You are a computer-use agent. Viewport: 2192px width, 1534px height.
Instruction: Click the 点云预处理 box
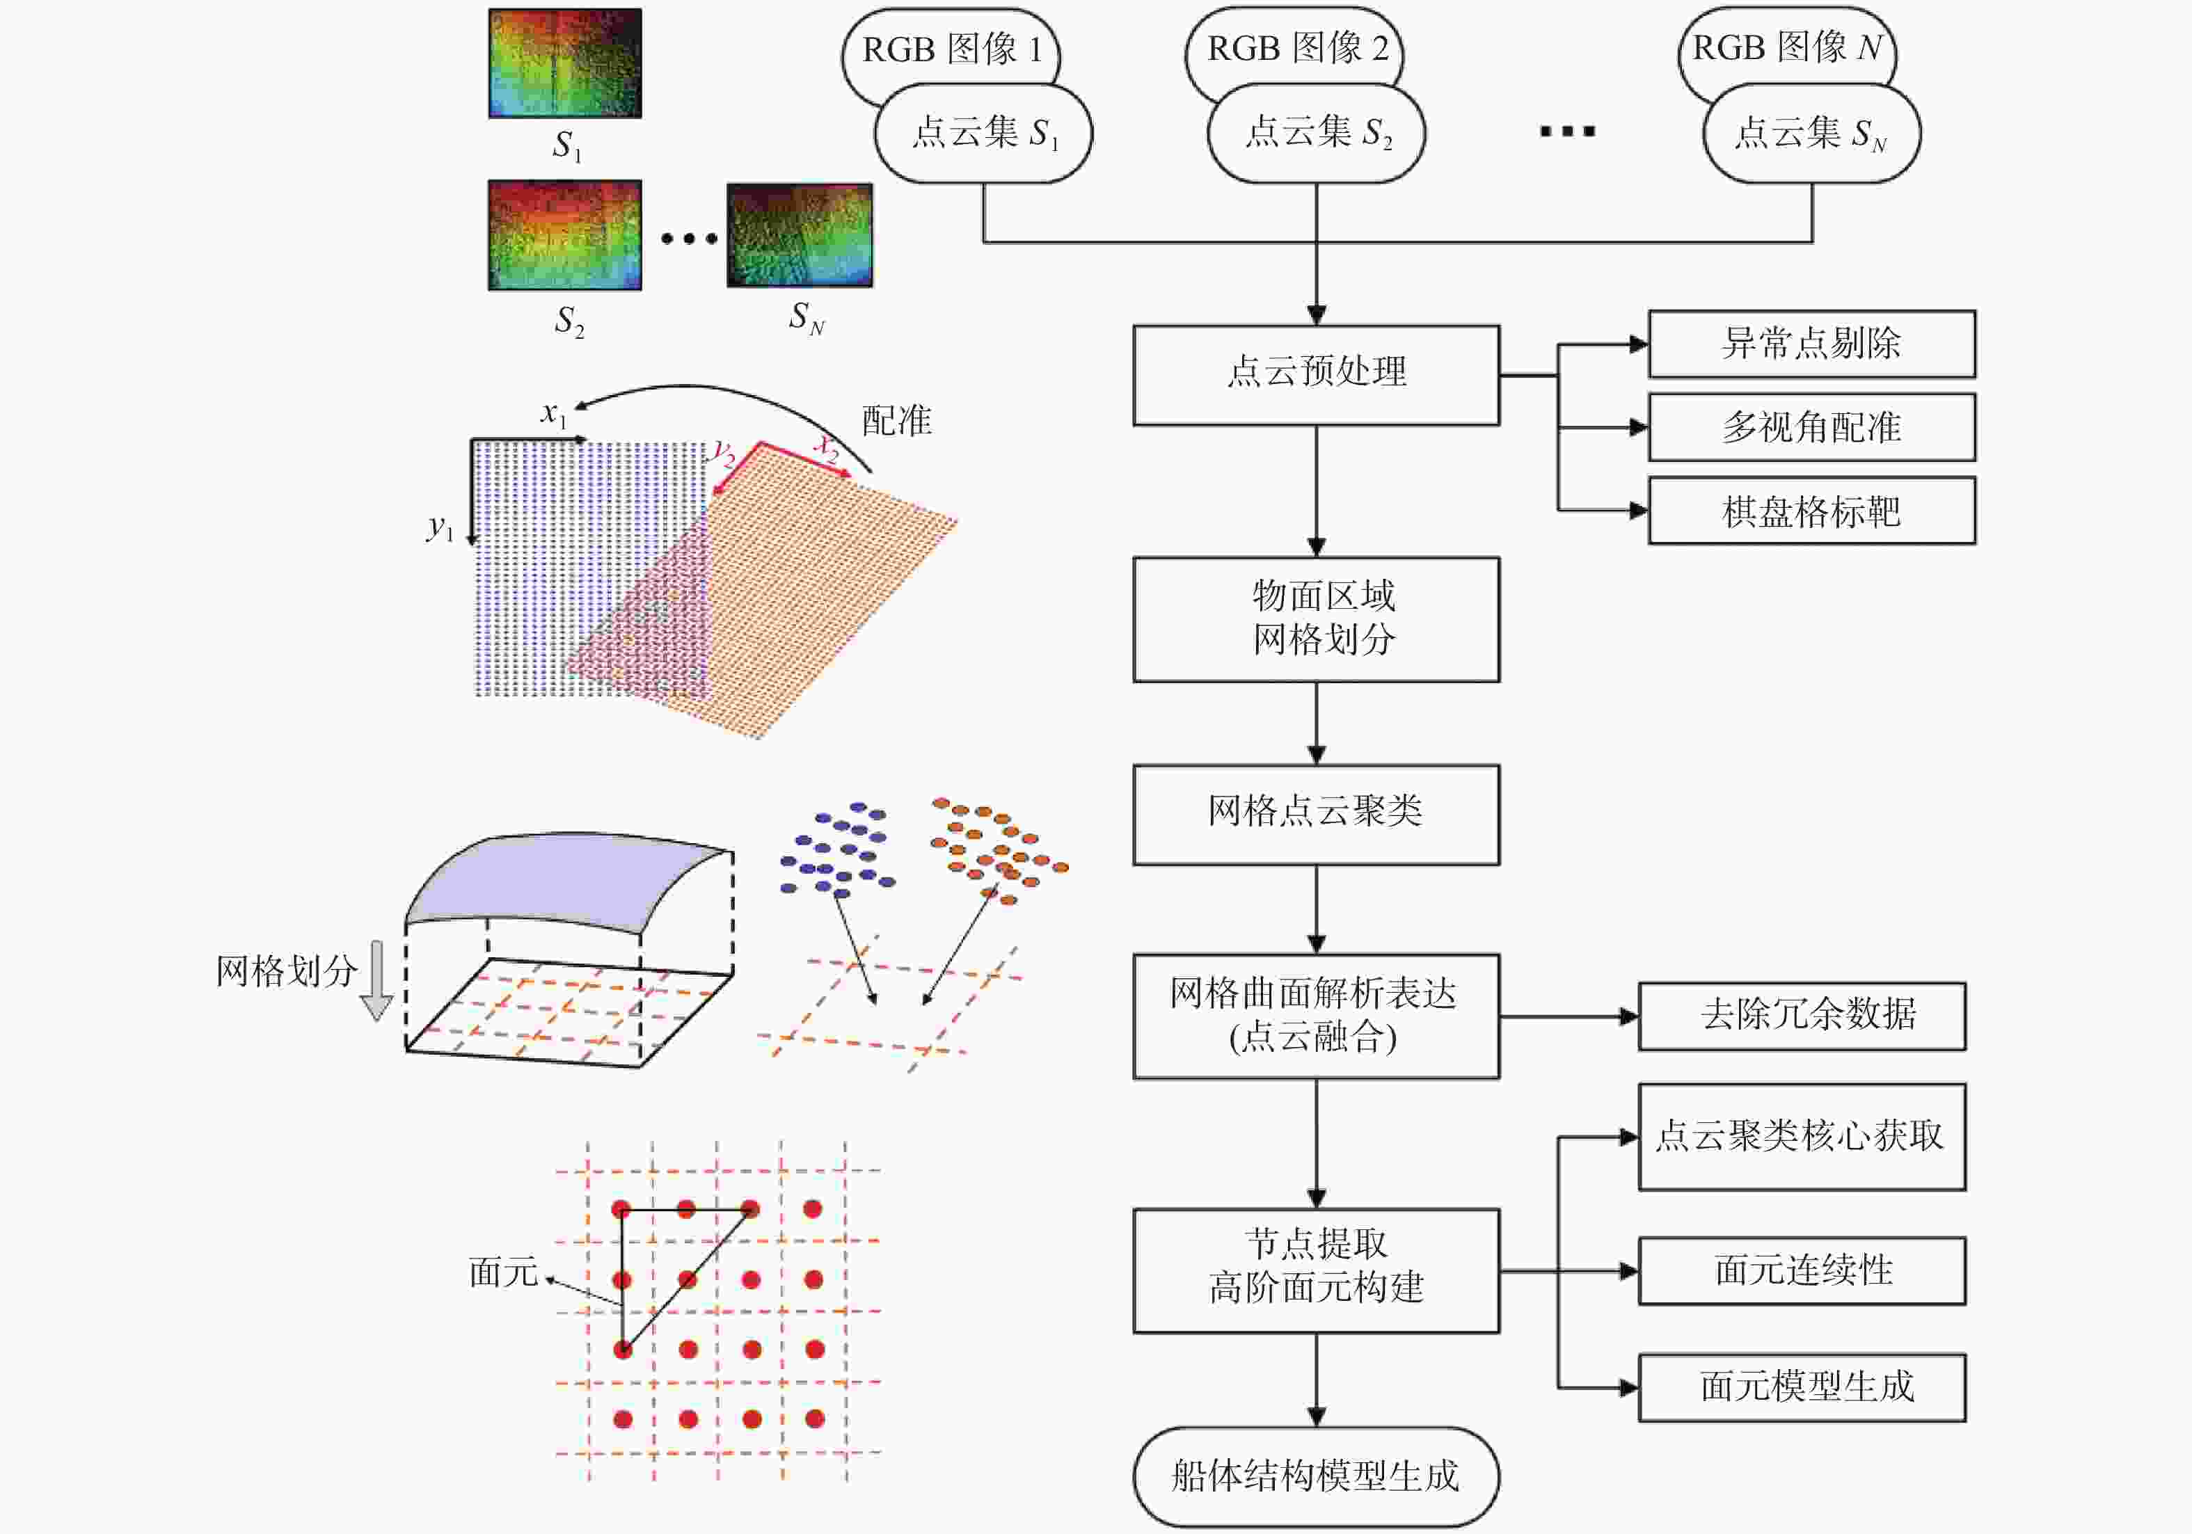(1316, 375)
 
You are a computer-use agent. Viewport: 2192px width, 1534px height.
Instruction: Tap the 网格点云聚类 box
(1316, 814)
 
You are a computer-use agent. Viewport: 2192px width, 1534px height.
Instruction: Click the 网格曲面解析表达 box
(1316, 1016)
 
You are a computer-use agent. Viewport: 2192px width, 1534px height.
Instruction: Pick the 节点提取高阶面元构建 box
(1316, 1270)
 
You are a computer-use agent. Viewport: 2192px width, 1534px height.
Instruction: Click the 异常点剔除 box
(1811, 344)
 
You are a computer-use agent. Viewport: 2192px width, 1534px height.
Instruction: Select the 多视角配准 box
(1811, 426)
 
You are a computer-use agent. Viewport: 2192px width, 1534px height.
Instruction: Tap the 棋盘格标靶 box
(1811, 511)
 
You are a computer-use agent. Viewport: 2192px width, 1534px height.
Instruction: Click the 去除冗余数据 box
(1802, 1016)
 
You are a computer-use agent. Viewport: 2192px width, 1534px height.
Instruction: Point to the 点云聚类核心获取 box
(1802, 1136)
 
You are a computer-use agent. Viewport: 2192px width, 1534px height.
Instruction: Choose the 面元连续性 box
(1802, 1270)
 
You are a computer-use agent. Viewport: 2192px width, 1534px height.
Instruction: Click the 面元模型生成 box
(1802, 1387)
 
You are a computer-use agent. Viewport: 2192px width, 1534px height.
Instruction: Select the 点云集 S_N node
(1811, 133)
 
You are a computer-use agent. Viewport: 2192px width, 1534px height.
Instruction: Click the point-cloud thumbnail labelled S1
(565, 63)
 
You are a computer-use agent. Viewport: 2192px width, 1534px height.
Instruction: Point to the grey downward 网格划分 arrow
(377, 980)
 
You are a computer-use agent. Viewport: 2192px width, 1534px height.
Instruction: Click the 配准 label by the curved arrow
(896, 421)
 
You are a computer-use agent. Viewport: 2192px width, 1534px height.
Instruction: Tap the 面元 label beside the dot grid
(503, 1272)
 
